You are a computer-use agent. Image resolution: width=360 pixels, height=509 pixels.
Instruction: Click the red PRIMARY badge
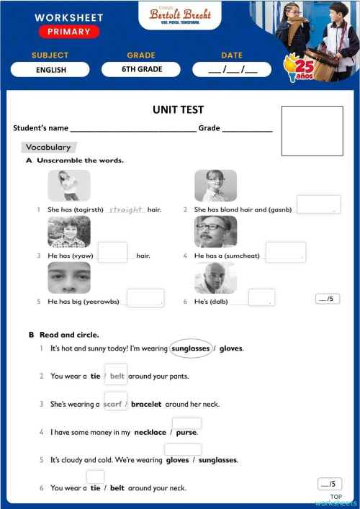69,32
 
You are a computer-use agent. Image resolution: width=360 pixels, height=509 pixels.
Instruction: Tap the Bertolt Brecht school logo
179,15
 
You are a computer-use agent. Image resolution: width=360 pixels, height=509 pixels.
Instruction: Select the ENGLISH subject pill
50,70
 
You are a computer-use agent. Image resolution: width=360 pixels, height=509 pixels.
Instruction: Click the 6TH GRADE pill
142,70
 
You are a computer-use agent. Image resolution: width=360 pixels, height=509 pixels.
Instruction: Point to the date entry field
231,70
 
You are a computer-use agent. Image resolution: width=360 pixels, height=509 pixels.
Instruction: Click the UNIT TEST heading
179,110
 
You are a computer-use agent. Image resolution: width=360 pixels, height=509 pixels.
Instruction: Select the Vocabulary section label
48,148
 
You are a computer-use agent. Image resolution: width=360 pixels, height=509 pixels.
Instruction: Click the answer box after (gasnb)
318,204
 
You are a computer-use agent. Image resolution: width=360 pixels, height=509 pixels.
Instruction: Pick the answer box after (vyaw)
112,252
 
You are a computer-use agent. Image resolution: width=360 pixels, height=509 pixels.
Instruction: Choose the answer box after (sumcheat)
285,251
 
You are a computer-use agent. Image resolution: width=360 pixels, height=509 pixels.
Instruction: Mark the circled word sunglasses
191,348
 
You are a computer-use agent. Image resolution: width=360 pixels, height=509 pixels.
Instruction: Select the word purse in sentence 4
186,433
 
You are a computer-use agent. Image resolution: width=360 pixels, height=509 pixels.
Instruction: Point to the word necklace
150,433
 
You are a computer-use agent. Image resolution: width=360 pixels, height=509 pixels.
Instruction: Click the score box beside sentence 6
329,484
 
